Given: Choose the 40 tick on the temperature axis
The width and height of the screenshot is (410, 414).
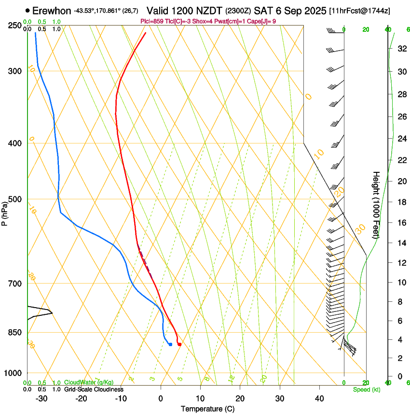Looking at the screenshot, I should [319, 398].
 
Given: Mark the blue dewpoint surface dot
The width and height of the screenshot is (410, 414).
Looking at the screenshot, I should [170, 344].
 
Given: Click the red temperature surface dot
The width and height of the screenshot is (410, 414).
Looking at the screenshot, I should [179, 344].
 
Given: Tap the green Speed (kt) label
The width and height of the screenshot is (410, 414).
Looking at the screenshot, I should [366, 389].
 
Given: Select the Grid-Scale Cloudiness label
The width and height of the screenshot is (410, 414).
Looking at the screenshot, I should [94, 389].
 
